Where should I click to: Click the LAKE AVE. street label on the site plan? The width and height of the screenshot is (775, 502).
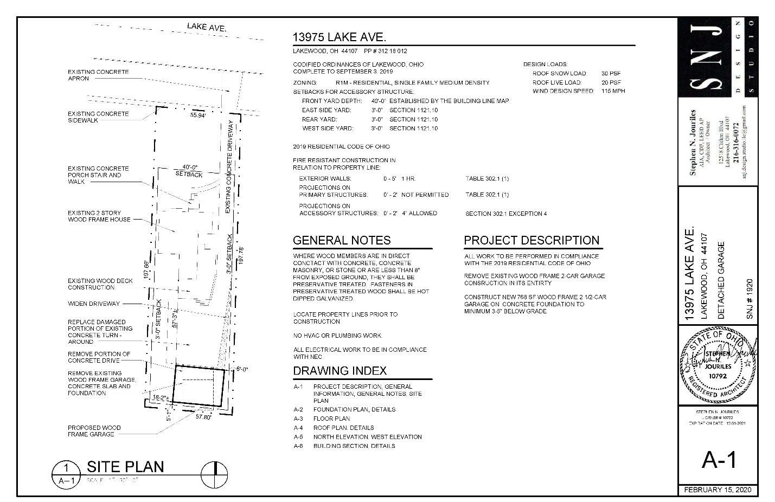click(x=206, y=27)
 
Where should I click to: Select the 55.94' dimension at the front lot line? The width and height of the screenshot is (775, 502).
click(x=198, y=115)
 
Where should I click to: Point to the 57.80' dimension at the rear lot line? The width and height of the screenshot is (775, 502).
click(x=203, y=417)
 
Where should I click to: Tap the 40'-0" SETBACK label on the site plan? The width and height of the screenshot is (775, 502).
click(x=189, y=171)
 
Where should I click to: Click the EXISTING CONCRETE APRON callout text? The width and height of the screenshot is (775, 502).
click(x=98, y=75)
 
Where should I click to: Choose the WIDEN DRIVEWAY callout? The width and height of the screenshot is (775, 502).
click(x=94, y=304)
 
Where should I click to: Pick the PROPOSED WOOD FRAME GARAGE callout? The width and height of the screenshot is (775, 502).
click(x=94, y=431)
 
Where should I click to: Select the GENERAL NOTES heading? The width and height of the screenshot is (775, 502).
click(x=341, y=240)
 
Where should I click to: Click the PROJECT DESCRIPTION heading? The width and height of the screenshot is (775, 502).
click(x=531, y=240)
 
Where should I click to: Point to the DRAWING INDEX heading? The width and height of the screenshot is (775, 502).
click(x=340, y=371)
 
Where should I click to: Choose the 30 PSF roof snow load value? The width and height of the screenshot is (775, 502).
click(x=611, y=73)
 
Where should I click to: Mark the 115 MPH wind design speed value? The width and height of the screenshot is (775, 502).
click(x=613, y=91)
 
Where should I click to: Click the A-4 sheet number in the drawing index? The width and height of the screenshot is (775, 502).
click(x=298, y=428)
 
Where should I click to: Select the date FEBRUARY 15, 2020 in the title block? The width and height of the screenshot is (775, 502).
click(x=718, y=490)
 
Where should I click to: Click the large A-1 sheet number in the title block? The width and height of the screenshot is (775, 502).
click(x=719, y=460)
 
